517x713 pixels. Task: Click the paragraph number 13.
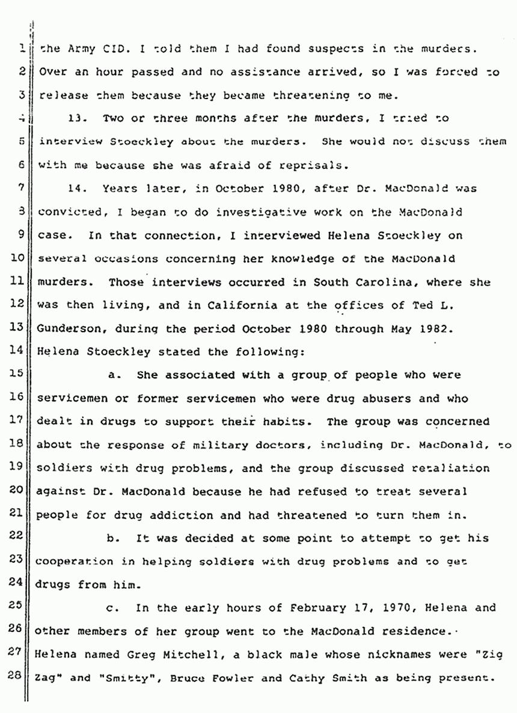(x=75, y=119)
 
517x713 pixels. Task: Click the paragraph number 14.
(x=75, y=189)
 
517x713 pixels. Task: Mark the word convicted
(x=66, y=213)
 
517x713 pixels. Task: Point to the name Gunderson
(x=66, y=329)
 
